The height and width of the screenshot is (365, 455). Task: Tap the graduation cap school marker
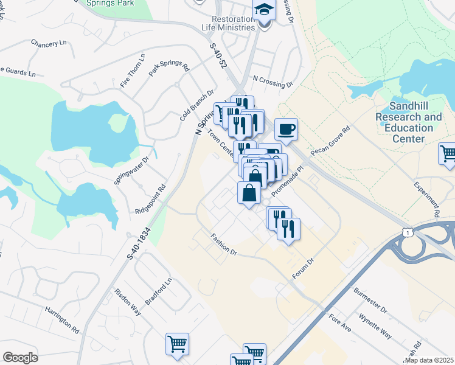click(x=264, y=10)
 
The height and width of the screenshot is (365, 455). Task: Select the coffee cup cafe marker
click(x=287, y=129)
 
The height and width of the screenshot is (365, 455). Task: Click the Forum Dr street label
click(x=302, y=268)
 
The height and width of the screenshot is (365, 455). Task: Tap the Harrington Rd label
click(x=62, y=319)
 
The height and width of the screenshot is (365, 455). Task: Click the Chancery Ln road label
click(x=49, y=44)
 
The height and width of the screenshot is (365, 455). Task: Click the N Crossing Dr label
click(x=273, y=83)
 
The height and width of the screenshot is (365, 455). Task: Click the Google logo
click(x=20, y=357)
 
